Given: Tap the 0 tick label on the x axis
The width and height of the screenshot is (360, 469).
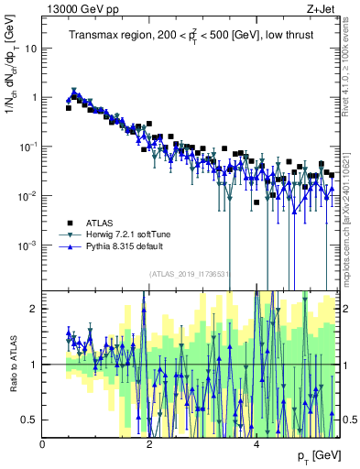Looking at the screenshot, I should click(x=43, y=444).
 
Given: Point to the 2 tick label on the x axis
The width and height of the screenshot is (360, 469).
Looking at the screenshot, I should click(x=150, y=444).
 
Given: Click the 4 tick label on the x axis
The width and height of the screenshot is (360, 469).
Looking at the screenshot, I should click(x=257, y=444).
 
